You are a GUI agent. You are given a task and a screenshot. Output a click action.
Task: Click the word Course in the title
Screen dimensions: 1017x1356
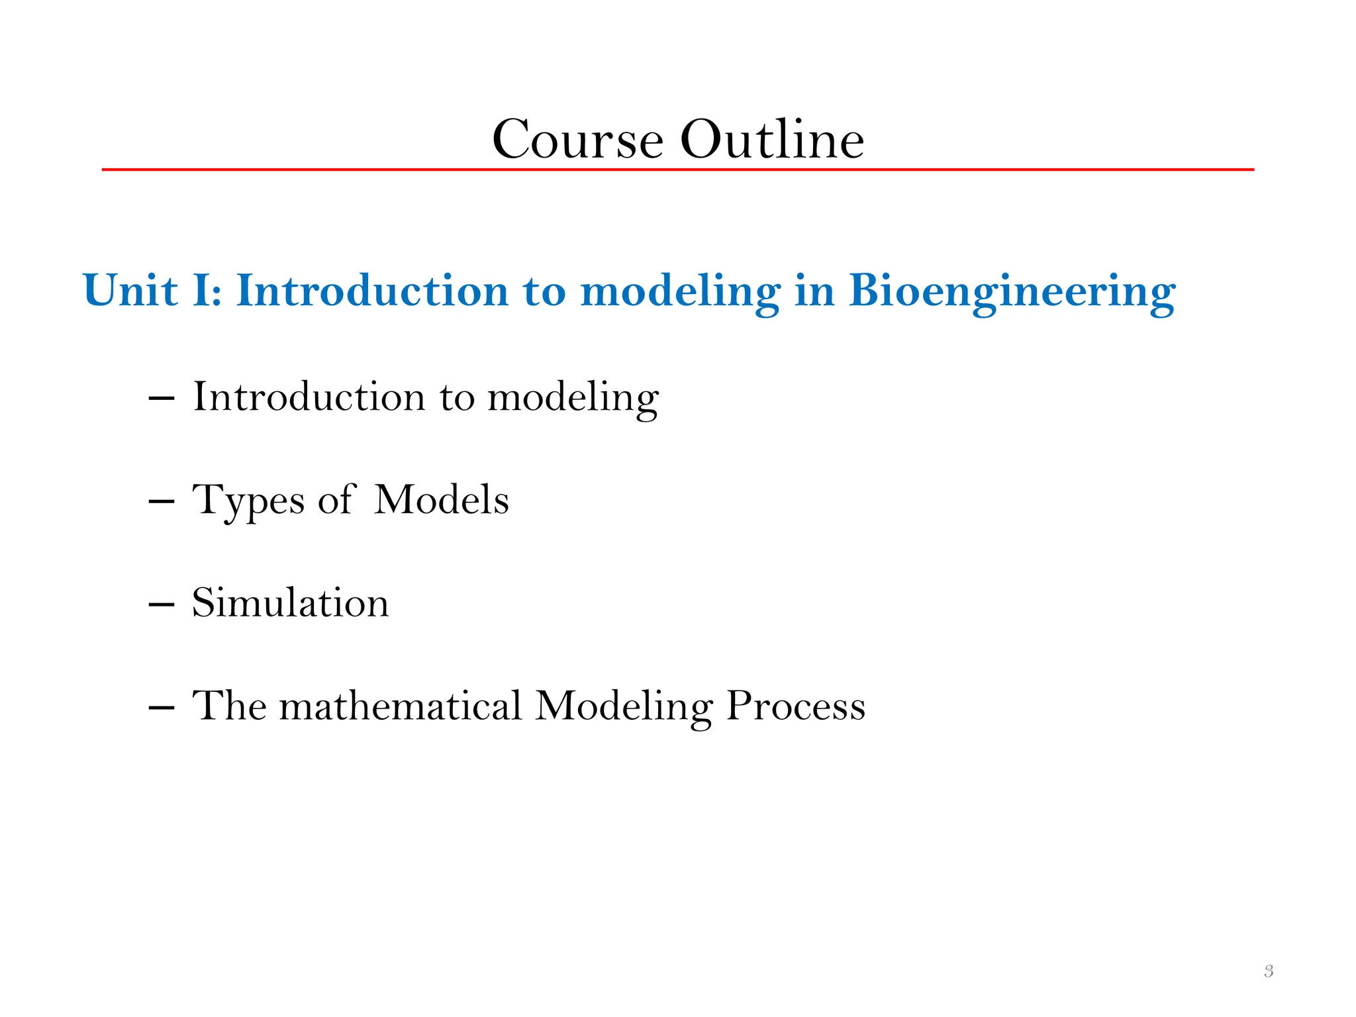[577, 140]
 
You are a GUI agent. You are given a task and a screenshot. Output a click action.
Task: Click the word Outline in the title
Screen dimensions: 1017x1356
[772, 140]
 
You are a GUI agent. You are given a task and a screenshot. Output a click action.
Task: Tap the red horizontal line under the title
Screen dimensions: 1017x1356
[678, 169]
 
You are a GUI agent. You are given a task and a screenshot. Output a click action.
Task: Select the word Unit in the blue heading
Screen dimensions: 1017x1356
[130, 291]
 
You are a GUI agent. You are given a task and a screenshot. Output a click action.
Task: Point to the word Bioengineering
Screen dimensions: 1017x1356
[1012, 292]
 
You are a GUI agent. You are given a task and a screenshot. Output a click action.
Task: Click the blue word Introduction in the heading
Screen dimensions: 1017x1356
[372, 291]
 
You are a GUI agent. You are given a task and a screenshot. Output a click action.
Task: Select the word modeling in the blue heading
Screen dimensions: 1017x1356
[680, 292]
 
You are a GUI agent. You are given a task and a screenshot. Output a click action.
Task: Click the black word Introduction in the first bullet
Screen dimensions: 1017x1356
[309, 397]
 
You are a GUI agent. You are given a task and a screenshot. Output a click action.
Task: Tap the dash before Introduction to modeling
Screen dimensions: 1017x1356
[162, 399]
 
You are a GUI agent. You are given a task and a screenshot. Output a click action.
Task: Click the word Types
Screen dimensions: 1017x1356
[248, 501]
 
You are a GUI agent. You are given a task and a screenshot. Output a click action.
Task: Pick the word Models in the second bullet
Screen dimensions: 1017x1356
[442, 499]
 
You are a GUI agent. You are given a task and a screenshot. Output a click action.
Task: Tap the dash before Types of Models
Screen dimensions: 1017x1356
[162, 501]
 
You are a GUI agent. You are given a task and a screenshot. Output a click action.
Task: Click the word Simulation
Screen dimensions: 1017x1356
[290, 603]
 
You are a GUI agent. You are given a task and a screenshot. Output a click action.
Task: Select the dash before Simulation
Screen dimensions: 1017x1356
[162, 605]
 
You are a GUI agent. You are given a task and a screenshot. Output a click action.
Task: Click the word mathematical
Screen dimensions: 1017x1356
[401, 706]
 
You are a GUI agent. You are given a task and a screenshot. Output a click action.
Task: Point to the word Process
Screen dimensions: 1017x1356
[796, 706]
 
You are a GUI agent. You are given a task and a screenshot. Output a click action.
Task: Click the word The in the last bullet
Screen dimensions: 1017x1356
[229, 706]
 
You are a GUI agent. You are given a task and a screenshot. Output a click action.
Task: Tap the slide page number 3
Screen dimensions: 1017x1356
[1269, 971]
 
